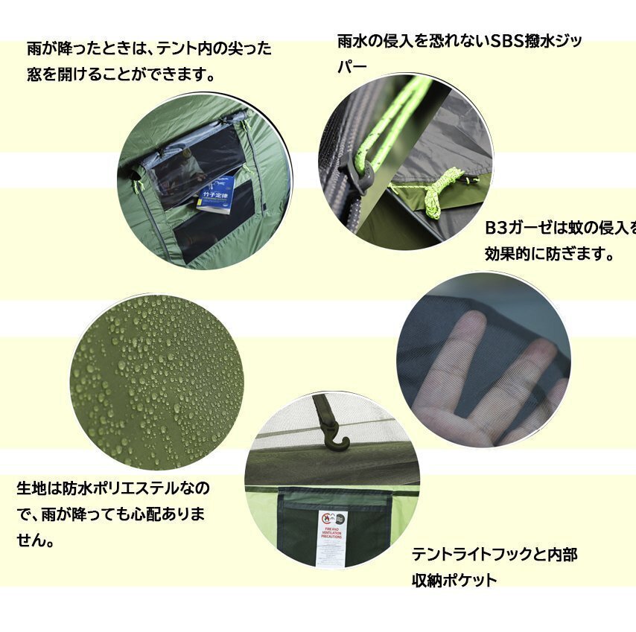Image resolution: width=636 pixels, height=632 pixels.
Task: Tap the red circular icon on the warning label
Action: click(325, 517)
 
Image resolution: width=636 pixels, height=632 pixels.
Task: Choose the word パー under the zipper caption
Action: click(352, 67)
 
